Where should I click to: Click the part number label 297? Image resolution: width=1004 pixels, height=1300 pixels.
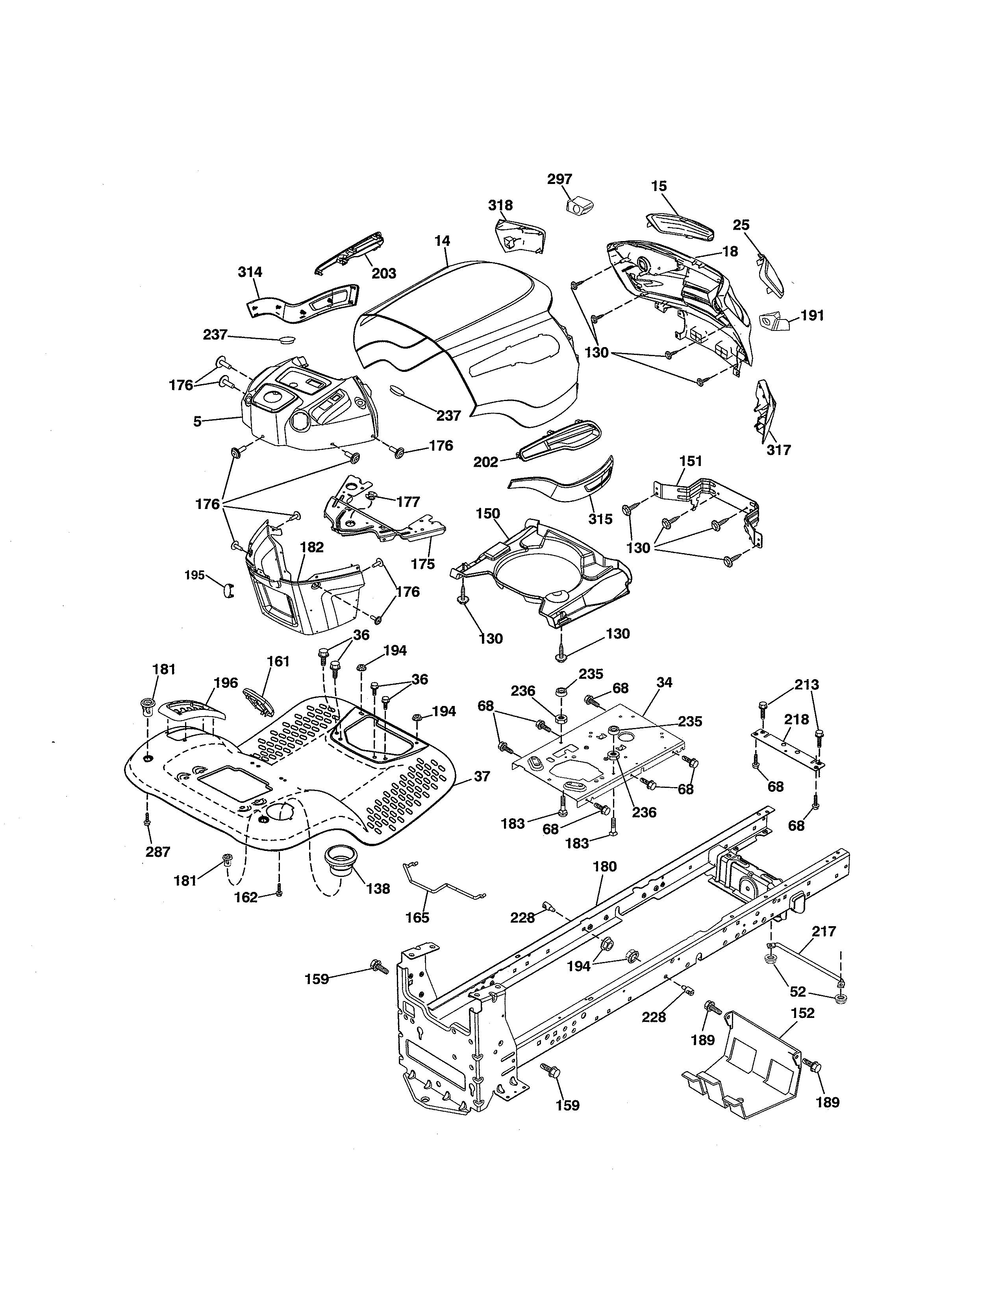point(559,179)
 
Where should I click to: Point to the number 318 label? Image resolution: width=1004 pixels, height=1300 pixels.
point(500,205)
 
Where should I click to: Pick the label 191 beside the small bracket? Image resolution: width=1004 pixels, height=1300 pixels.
point(812,316)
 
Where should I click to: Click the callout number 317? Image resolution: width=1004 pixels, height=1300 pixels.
point(778,450)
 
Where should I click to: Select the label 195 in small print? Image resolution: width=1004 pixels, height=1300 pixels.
point(195,575)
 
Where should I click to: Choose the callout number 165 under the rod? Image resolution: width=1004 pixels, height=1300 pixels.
point(417,917)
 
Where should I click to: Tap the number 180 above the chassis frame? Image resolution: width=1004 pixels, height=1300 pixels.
point(605,867)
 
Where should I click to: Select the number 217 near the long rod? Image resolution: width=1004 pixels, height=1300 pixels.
point(824,931)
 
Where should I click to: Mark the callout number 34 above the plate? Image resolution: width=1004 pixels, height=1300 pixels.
point(664,682)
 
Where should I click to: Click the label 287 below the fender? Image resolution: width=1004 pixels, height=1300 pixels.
point(157,852)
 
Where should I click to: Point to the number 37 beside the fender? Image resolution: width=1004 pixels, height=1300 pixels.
point(482,776)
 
